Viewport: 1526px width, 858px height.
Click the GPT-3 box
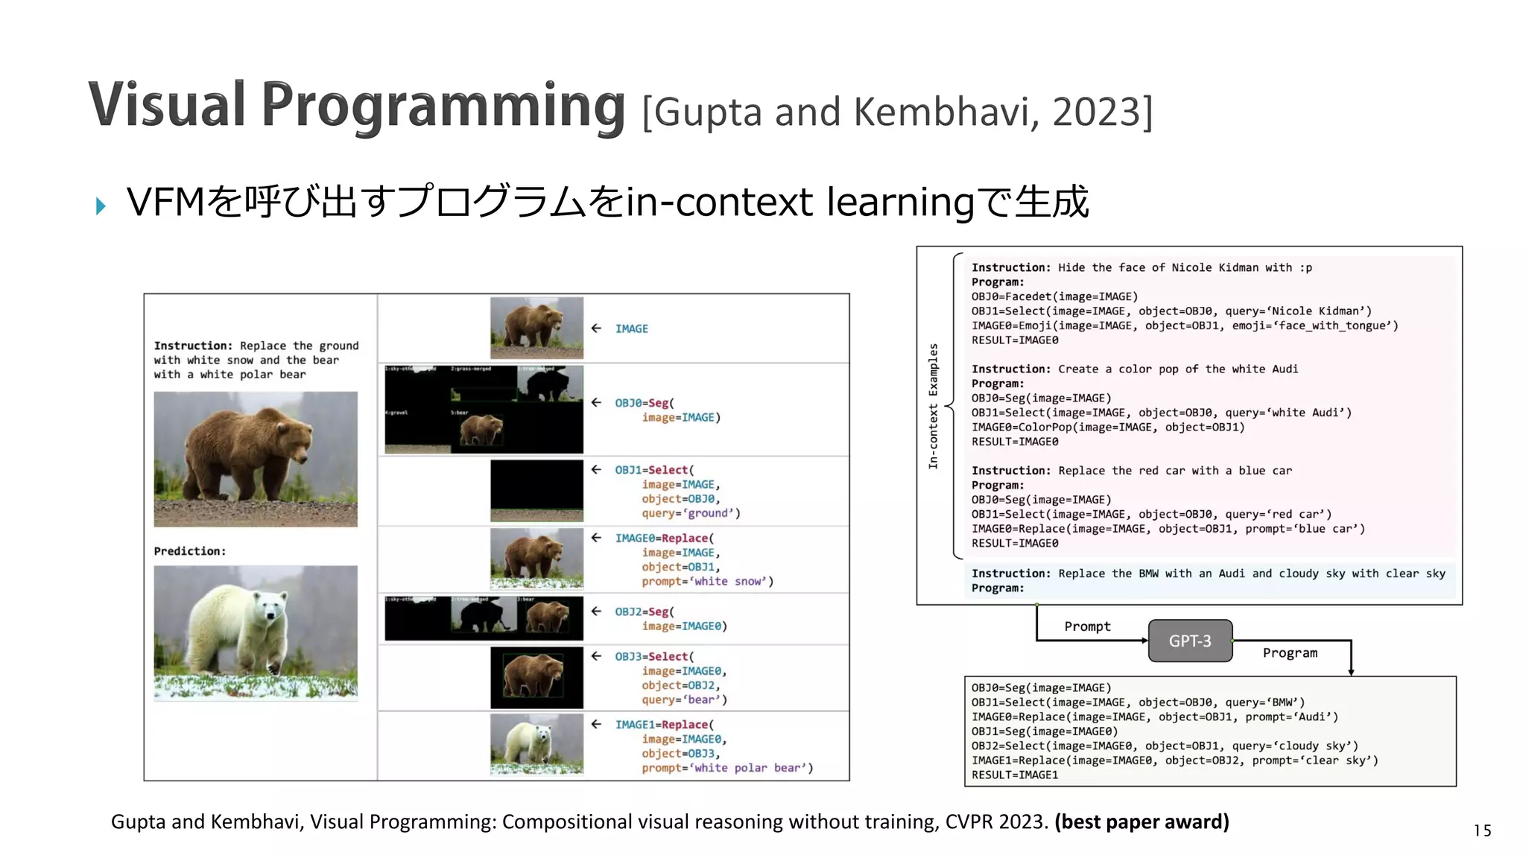click(1190, 641)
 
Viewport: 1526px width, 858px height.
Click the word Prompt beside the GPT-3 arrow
click(1087, 626)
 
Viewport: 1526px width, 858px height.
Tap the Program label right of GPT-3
click(1290, 653)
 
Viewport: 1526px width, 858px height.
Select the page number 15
click(1482, 830)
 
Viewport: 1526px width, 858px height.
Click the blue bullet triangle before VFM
click(101, 206)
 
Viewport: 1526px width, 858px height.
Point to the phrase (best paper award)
click(1142, 822)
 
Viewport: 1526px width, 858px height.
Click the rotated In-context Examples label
click(933, 406)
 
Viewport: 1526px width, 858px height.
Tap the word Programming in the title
click(443, 105)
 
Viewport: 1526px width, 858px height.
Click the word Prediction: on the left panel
click(189, 551)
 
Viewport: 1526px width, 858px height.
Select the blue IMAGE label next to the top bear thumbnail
click(631, 328)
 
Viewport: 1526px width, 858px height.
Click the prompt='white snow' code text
click(707, 581)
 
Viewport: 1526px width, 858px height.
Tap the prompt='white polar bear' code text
click(726, 768)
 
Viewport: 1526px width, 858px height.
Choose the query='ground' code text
click(691, 513)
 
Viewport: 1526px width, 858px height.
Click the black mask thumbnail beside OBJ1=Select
click(536, 490)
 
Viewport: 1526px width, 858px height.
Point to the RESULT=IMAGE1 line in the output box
click(1014, 775)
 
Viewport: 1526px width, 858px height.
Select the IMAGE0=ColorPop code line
click(1107, 427)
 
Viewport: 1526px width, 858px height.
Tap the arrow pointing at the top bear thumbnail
click(596, 328)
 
